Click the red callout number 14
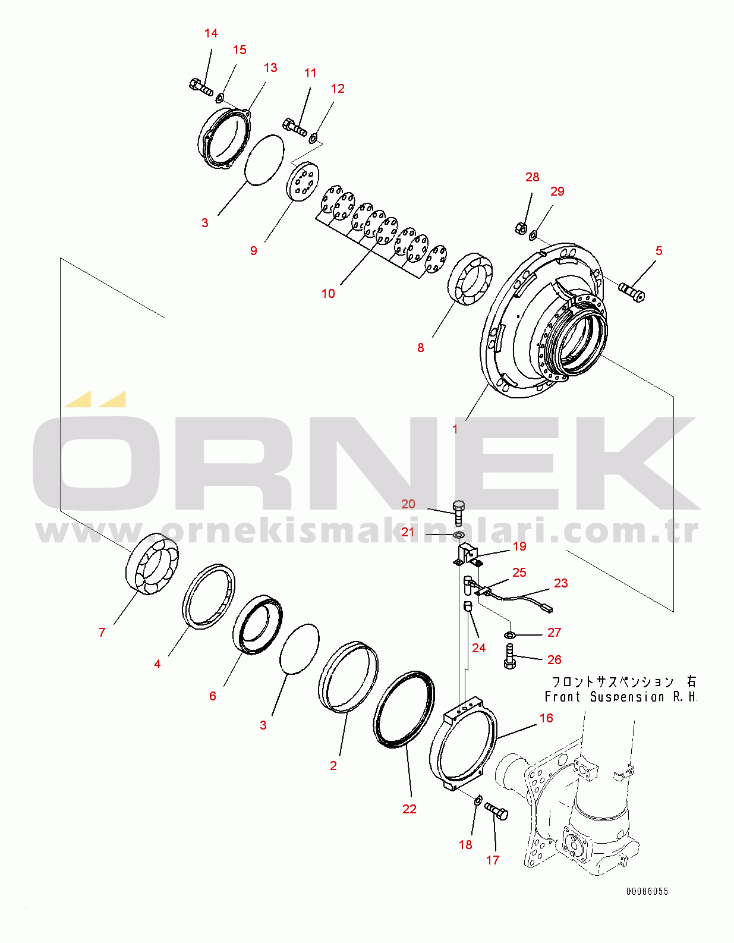211,33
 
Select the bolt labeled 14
201,87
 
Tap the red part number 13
270,68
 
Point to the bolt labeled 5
632,291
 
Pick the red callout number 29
557,191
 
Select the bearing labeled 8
470,279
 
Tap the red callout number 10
328,294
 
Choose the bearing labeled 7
152,564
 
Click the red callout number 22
409,809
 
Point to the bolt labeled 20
459,513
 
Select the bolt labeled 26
510,656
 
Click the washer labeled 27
509,635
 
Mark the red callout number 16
546,718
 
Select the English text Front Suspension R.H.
621,696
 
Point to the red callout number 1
455,429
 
